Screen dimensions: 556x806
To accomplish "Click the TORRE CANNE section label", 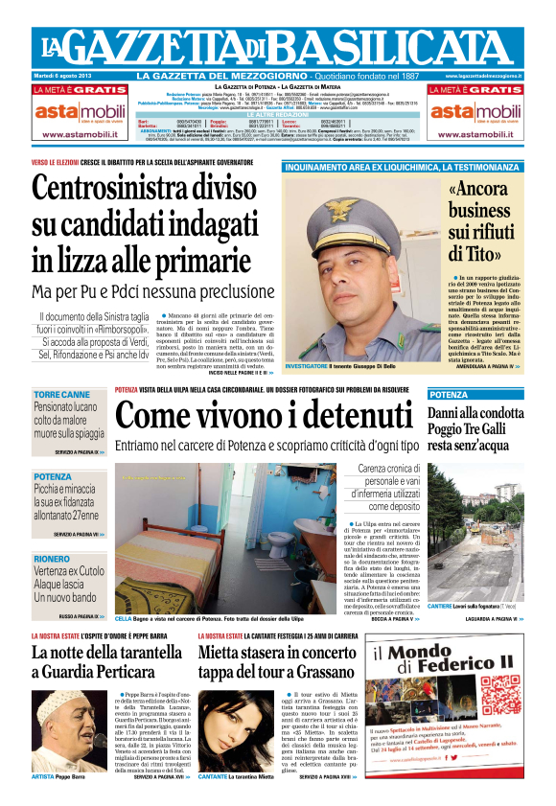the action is pyautogui.click(x=61, y=395).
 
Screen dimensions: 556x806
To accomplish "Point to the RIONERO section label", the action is pyautogui.click(x=51, y=559).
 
